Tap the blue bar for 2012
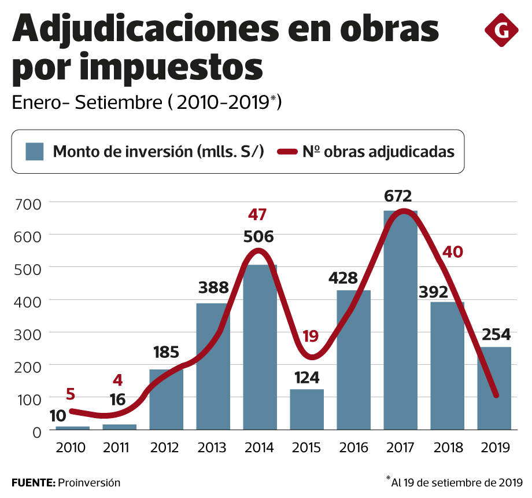(x=166, y=400)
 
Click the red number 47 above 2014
(x=257, y=215)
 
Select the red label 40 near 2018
(x=453, y=252)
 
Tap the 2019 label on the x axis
(x=494, y=448)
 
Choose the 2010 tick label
(x=71, y=448)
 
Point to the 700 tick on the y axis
(x=29, y=204)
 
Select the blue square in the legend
(x=35, y=152)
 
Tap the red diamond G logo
(x=501, y=30)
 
